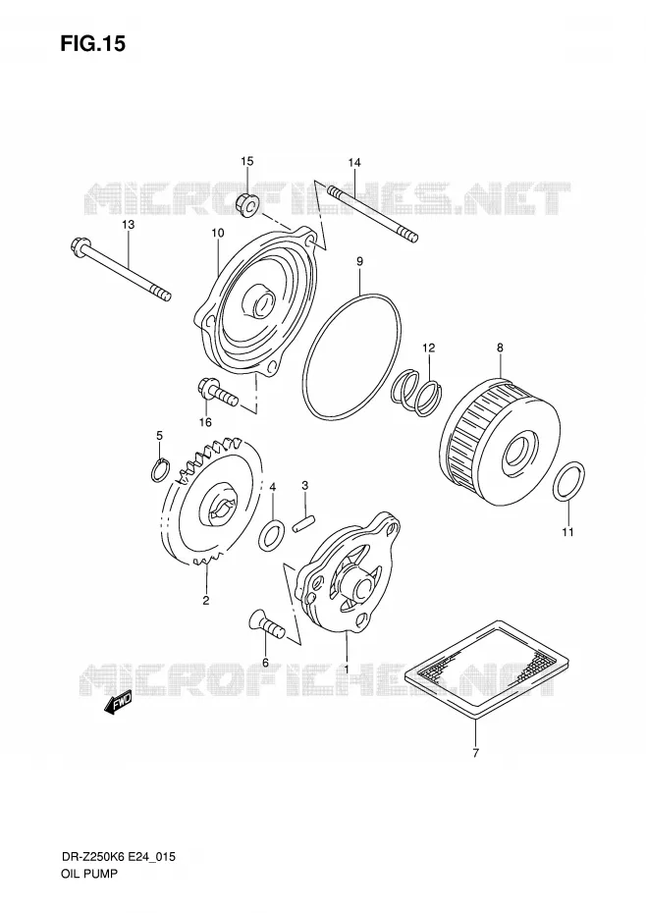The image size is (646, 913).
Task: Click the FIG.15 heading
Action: coord(92,44)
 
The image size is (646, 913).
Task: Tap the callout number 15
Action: coord(247,161)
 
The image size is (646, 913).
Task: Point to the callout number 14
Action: coord(354,163)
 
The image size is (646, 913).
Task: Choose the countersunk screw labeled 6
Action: coord(266,624)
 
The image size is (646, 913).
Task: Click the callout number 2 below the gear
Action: coord(205,600)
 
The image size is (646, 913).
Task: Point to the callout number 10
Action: coord(217,233)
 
